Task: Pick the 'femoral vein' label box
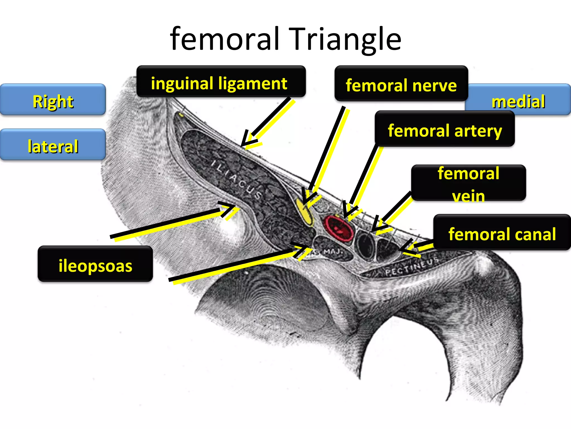(468, 183)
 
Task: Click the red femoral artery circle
(338, 228)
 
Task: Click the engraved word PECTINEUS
(412, 267)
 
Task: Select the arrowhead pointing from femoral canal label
(404, 249)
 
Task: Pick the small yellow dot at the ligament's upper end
(181, 115)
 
